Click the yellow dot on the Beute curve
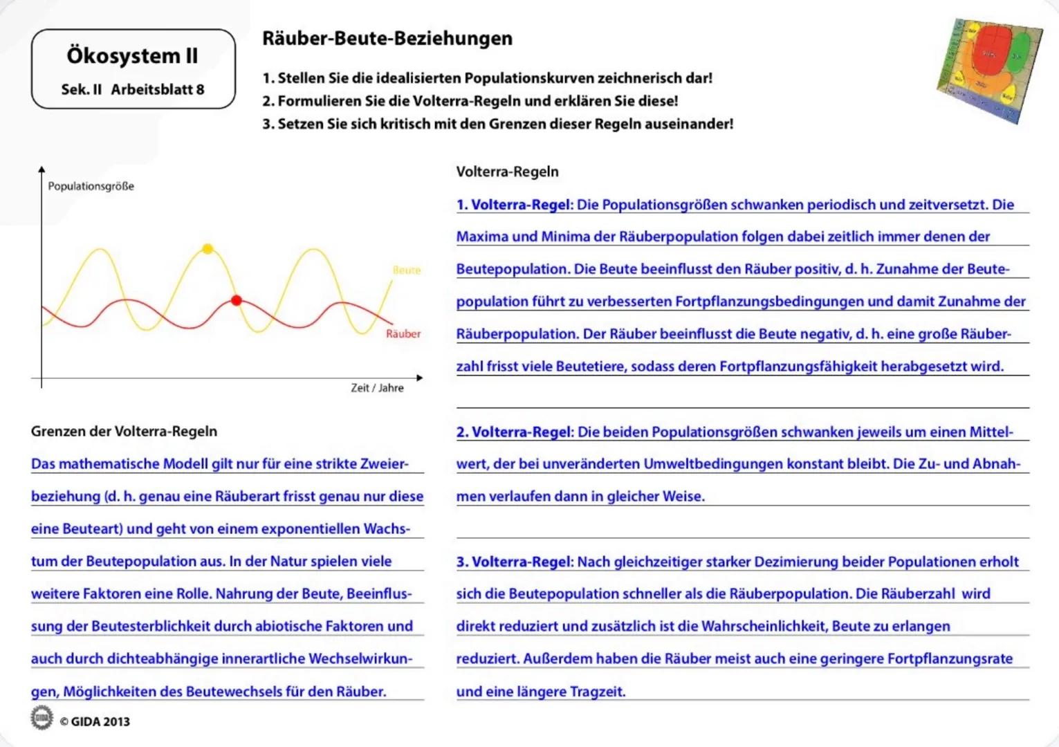click(x=208, y=249)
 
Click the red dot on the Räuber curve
click(x=237, y=300)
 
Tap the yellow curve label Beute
click(x=407, y=270)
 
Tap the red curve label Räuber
click(x=403, y=334)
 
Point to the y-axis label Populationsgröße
click(x=91, y=186)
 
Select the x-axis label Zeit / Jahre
click(x=377, y=388)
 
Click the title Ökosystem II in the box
click(x=132, y=56)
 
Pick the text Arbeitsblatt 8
click(x=158, y=89)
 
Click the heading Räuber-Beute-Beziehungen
click(x=387, y=39)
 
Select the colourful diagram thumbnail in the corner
click(x=989, y=69)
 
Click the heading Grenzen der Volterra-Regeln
click(x=124, y=432)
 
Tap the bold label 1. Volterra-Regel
click(x=514, y=205)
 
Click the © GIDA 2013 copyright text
click(x=95, y=721)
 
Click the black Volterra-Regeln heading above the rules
click(x=507, y=172)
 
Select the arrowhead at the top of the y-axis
click(x=42, y=169)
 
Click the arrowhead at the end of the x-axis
click(x=419, y=378)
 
